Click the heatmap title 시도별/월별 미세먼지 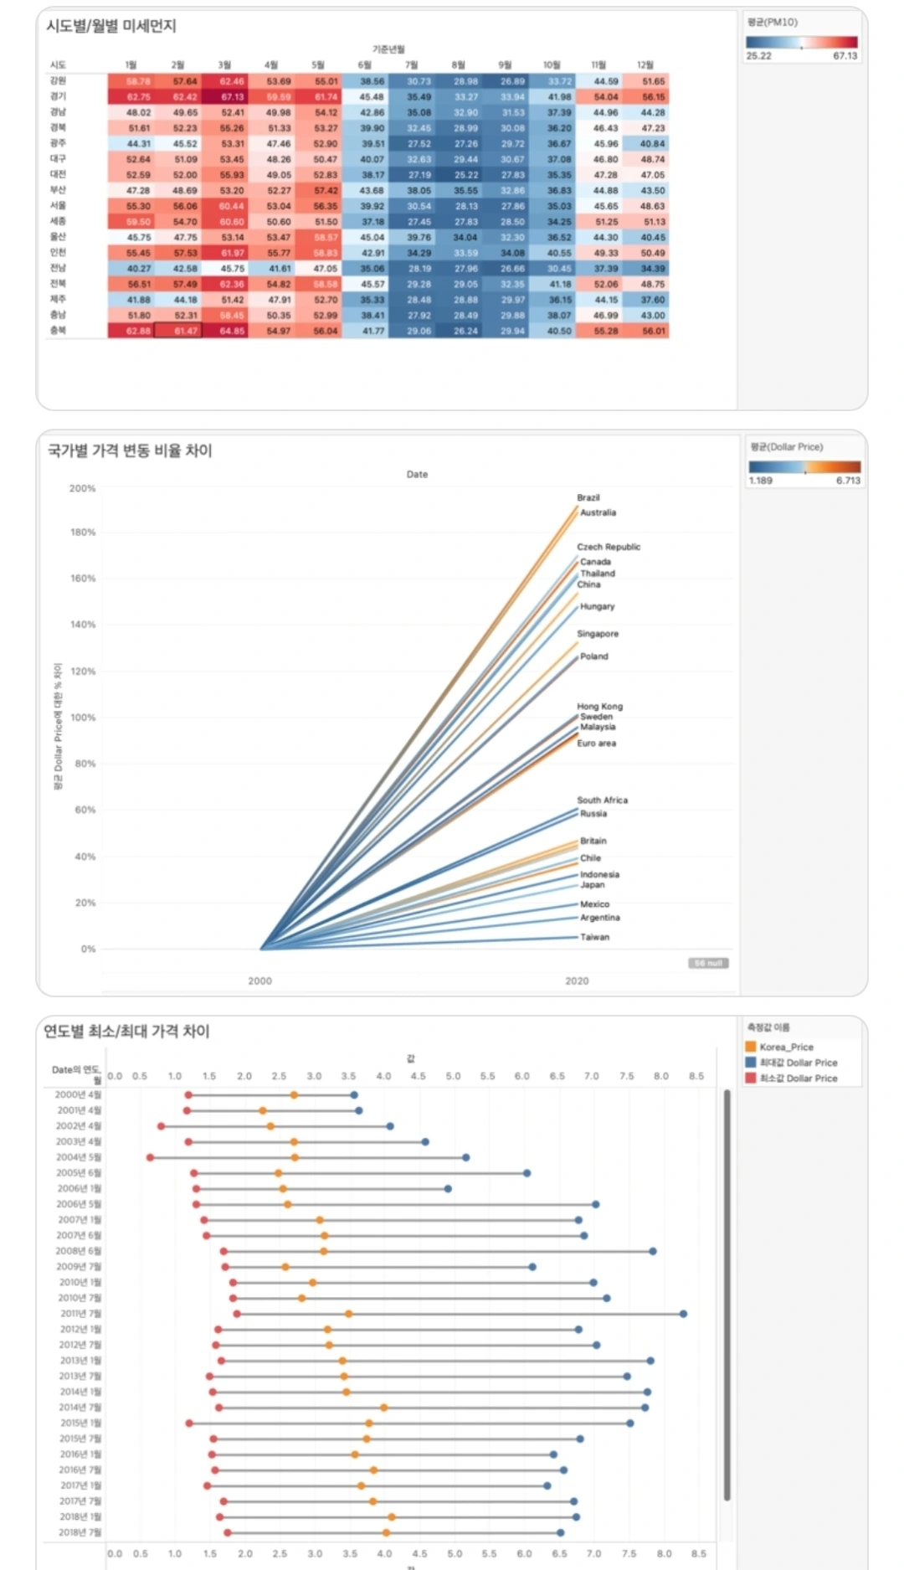111,26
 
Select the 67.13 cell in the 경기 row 232,97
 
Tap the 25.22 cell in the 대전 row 466,175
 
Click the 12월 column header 645,65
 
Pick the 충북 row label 58,331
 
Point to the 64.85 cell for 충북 232,332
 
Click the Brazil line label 588,497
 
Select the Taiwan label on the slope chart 595,937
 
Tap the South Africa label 602,800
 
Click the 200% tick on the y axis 82,488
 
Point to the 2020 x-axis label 577,981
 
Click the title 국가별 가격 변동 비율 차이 130,450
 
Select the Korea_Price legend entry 786,1047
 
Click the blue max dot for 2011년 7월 684,1314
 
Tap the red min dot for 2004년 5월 151,1157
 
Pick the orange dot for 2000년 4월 294,1095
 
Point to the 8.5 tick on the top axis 696,1076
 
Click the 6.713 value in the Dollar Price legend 847,481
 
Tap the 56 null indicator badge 708,963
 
